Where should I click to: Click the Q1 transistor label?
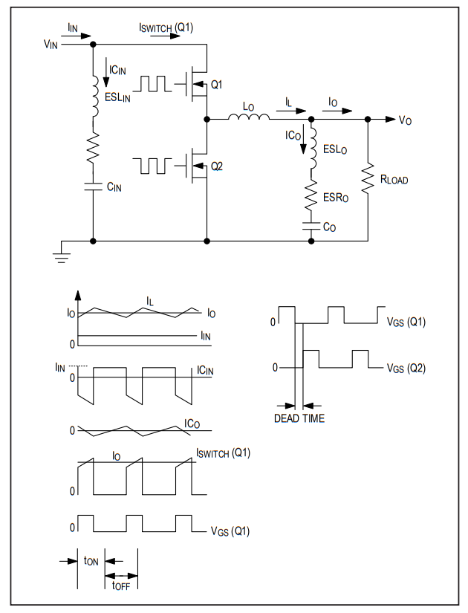[216, 85]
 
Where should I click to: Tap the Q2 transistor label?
[217, 166]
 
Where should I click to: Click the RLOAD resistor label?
[394, 180]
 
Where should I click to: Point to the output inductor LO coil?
[249, 116]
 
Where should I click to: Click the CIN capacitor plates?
[93, 187]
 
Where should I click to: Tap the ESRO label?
[336, 198]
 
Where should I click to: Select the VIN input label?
[51, 44]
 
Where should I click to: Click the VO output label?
[405, 120]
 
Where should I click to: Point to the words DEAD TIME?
[299, 418]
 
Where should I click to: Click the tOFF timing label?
[120, 586]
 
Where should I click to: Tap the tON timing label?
[91, 561]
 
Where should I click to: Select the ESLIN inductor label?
[117, 97]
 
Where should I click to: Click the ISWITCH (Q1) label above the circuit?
[166, 27]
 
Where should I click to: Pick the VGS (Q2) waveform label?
[406, 368]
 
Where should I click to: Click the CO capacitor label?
[329, 227]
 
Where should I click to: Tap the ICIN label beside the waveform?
[205, 370]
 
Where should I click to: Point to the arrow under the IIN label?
[76, 36]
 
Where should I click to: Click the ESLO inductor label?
[335, 149]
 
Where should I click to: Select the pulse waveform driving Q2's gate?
[152, 166]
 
